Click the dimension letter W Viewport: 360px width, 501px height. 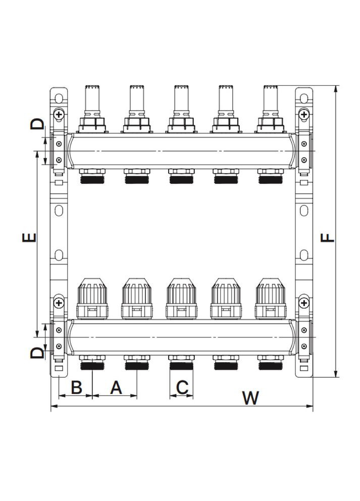pos(249,398)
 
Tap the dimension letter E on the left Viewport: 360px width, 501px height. pos(30,237)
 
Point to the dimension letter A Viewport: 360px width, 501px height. pos(116,387)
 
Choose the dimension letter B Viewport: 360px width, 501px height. pos(76,387)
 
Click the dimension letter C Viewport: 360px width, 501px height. pos(182,387)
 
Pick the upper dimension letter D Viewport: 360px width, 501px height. pos(37,124)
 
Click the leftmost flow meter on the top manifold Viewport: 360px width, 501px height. pos(92,109)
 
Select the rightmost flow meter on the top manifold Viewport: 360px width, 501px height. pos(271,109)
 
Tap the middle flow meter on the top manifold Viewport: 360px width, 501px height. pos(181,109)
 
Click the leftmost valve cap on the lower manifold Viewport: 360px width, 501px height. pos(92,298)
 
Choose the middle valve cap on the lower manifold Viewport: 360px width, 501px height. pos(181,298)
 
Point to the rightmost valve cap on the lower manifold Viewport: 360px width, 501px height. pos(271,298)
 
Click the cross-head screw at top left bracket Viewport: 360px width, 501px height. pos(59,115)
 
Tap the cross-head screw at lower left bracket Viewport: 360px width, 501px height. pos(59,303)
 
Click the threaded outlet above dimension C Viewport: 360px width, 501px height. pos(181,363)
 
